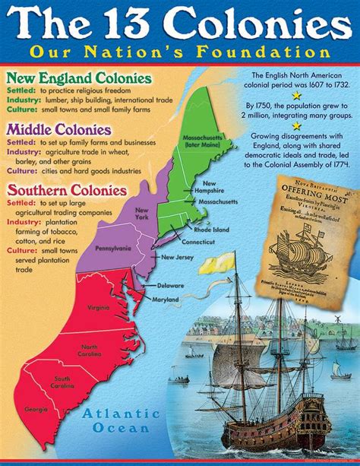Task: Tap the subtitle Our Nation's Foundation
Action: [x=179, y=53]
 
